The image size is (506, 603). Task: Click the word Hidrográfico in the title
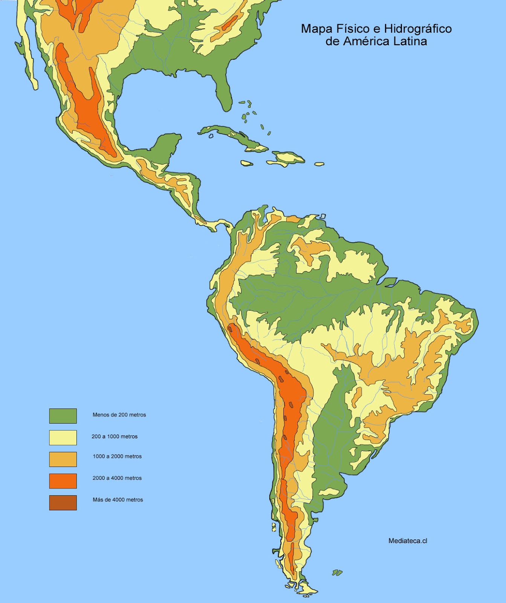tap(418, 29)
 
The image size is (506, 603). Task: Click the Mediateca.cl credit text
tap(408, 541)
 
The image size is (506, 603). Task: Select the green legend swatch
tap(63, 416)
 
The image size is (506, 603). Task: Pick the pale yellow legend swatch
tap(63, 438)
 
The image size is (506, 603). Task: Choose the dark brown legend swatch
tap(63, 503)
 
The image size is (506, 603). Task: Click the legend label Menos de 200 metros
tap(119, 415)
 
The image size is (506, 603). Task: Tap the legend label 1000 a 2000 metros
tap(117, 456)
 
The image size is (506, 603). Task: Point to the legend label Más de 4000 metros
tap(118, 500)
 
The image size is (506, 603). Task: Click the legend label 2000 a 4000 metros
tap(117, 478)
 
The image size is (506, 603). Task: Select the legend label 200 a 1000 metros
tap(115, 436)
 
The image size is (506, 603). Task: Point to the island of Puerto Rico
tap(319, 164)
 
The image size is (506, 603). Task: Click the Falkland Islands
tap(337, 572)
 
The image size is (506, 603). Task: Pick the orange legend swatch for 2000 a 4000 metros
tap(63, 481)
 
